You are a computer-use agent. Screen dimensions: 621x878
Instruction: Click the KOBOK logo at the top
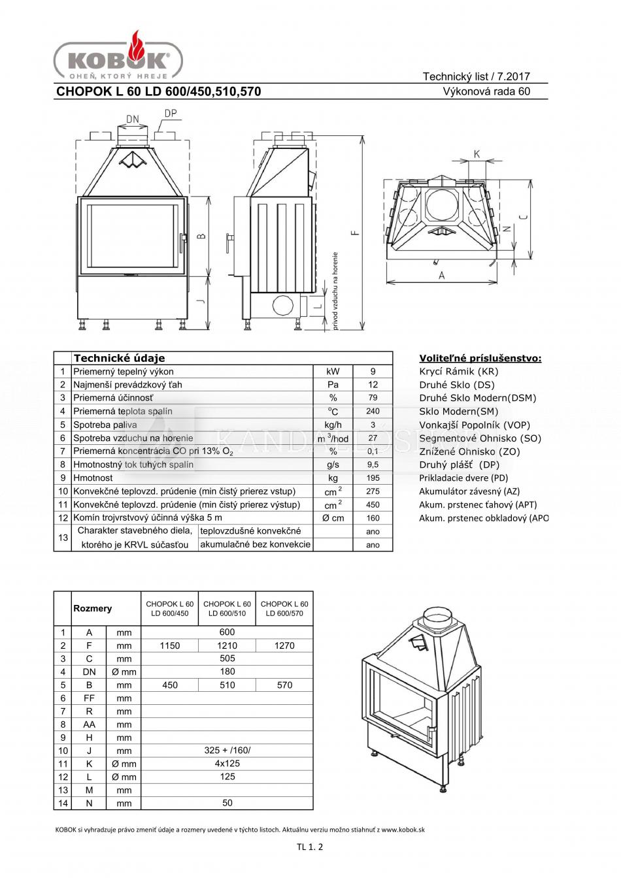(118, 56)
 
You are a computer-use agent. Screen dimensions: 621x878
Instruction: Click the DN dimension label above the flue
(133, 119)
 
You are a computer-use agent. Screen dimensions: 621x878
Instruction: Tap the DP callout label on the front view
(171, 113)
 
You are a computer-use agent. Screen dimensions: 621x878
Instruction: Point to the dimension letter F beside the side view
(355, 232)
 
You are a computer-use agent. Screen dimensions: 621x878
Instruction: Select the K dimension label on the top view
(477, 154)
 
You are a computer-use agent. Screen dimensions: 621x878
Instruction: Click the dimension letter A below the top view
(441, 276)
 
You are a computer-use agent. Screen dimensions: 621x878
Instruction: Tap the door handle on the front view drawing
(182, 244)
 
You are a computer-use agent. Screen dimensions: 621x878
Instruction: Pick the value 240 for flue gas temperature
(373, 411)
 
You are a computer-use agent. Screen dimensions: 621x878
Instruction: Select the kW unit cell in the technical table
(333, 371)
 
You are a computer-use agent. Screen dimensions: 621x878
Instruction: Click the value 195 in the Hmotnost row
(373, 478)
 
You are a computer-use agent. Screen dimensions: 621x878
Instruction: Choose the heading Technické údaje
(119, 358)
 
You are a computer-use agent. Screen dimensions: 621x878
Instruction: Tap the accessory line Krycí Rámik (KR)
(459, 371)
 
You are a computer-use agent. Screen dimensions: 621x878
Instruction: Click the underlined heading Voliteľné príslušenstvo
(480, 358)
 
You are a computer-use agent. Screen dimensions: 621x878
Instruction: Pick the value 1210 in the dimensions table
(227, 645)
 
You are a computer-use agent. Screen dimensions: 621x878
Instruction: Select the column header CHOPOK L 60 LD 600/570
(284, 609)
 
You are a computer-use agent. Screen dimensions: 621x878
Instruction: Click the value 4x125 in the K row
(227, 764)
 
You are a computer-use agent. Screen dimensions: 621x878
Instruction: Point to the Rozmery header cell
(93, 608)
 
